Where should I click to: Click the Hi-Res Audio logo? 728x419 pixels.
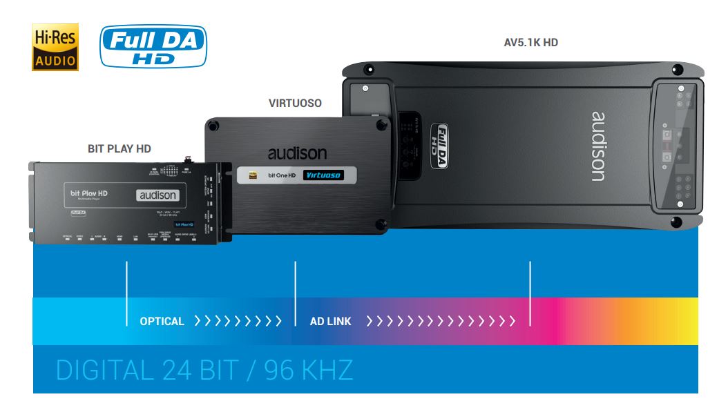pos(55,47)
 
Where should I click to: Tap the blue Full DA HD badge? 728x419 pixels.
pos(153,46)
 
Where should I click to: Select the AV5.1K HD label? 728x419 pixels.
pos(530,43)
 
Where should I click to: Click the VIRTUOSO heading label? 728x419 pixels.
pos(295,104)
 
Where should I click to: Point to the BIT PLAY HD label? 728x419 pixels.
pos(119,148)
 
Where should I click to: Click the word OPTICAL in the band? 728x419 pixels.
pos(162,321)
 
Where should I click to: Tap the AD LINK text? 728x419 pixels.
pos(330,321)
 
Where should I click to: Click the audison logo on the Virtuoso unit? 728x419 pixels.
pos(297,153)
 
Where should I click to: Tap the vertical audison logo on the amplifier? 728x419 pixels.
pos(598,146)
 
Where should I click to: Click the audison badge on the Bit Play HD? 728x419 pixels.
pos(158,195)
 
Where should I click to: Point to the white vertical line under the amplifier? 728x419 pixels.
pos(530,293)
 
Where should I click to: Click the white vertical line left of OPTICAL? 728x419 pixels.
pos(126,293)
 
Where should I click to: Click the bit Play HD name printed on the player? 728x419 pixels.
pos(89,194)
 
